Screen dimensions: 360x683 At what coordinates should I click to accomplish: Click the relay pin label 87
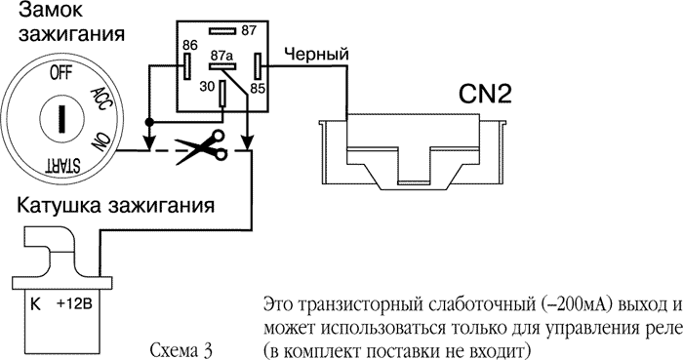(248, 29)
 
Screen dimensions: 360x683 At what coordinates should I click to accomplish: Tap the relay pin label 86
(189, 45)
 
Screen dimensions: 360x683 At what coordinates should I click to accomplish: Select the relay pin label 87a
(222, 56)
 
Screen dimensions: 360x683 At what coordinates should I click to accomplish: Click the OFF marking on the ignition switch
(60, 73)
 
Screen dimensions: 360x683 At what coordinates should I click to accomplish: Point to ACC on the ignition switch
(100, 96)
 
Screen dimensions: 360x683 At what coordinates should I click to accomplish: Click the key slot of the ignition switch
(60, 119)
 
